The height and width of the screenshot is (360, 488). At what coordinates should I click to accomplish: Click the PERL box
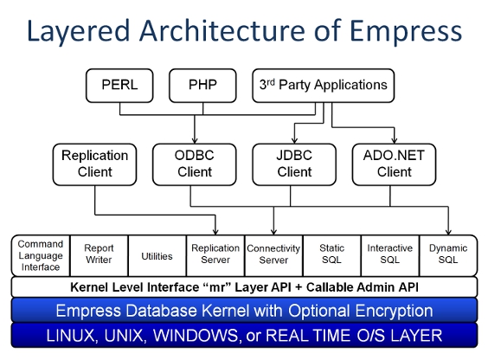pyautogui.click(x=119, y=86)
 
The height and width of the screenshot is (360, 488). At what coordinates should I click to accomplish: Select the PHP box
pyautogui.click(x=202, y=86)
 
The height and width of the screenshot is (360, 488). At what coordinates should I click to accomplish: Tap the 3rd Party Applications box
pyautogui.click(x=324, y=86)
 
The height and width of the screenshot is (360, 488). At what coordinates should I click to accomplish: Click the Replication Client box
pyautogui.click(x=94, y=164)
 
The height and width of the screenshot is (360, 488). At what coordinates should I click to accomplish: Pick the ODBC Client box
pyautogui.click(x=195, y=164)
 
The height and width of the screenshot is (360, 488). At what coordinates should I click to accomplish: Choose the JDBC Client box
pyautogui.click(x=294, y=164)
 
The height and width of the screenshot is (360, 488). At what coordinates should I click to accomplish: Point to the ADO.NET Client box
pyautogui.click(x=394, y=164)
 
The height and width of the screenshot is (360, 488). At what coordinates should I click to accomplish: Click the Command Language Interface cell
pyautogui.click(x=41, y=255)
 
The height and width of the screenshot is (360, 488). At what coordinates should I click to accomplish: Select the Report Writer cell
pyautogui.click(x=99, y=255)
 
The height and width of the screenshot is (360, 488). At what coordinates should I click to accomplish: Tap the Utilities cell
pyautogui.click(x=157, y=255)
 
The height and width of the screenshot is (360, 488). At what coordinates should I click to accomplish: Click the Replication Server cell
pyautogui.click(x=215, y=255)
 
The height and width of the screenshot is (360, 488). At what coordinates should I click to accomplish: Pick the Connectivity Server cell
pyautogui.click(x=274, y=255)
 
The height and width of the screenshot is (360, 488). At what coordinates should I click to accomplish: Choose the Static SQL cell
pyautogui.click(x=332, y=255)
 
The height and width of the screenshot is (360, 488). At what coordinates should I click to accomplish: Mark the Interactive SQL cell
pyautogui.click(x=390, y=255)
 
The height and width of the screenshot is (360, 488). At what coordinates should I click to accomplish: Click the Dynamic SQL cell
pyautogui.click(x=448, y=255)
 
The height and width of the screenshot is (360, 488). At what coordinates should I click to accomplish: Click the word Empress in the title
pyautogui.click(x=406, y=31)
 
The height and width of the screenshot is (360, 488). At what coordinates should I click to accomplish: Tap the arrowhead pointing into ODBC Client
pyautogui.click(x=195, y=140)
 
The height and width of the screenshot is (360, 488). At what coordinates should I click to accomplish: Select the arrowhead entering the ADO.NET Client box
pyautogui.click(x=395, y=140)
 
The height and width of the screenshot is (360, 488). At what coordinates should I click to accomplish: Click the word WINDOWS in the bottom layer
pyautogui.click(x=196, y=336)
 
